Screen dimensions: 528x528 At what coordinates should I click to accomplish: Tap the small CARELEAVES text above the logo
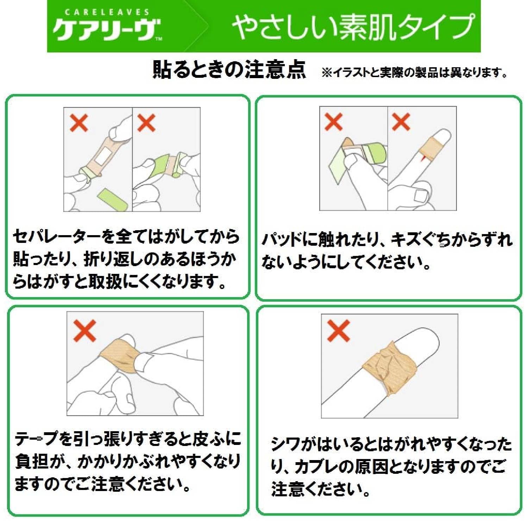click(x=107, y=12)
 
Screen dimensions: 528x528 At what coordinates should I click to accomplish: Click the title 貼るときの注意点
click(x=229, y=69)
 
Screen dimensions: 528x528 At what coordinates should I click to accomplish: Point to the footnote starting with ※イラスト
click(x=415, y=73)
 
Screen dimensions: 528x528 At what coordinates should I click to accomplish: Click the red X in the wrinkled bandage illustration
click(x=338, y=331)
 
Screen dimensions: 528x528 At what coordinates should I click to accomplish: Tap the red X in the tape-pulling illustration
click(x=84, y=331)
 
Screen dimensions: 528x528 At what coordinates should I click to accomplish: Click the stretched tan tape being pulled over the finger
click(x=118, y=356)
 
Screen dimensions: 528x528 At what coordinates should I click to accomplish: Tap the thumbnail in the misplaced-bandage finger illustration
click(x=421, y=196)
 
